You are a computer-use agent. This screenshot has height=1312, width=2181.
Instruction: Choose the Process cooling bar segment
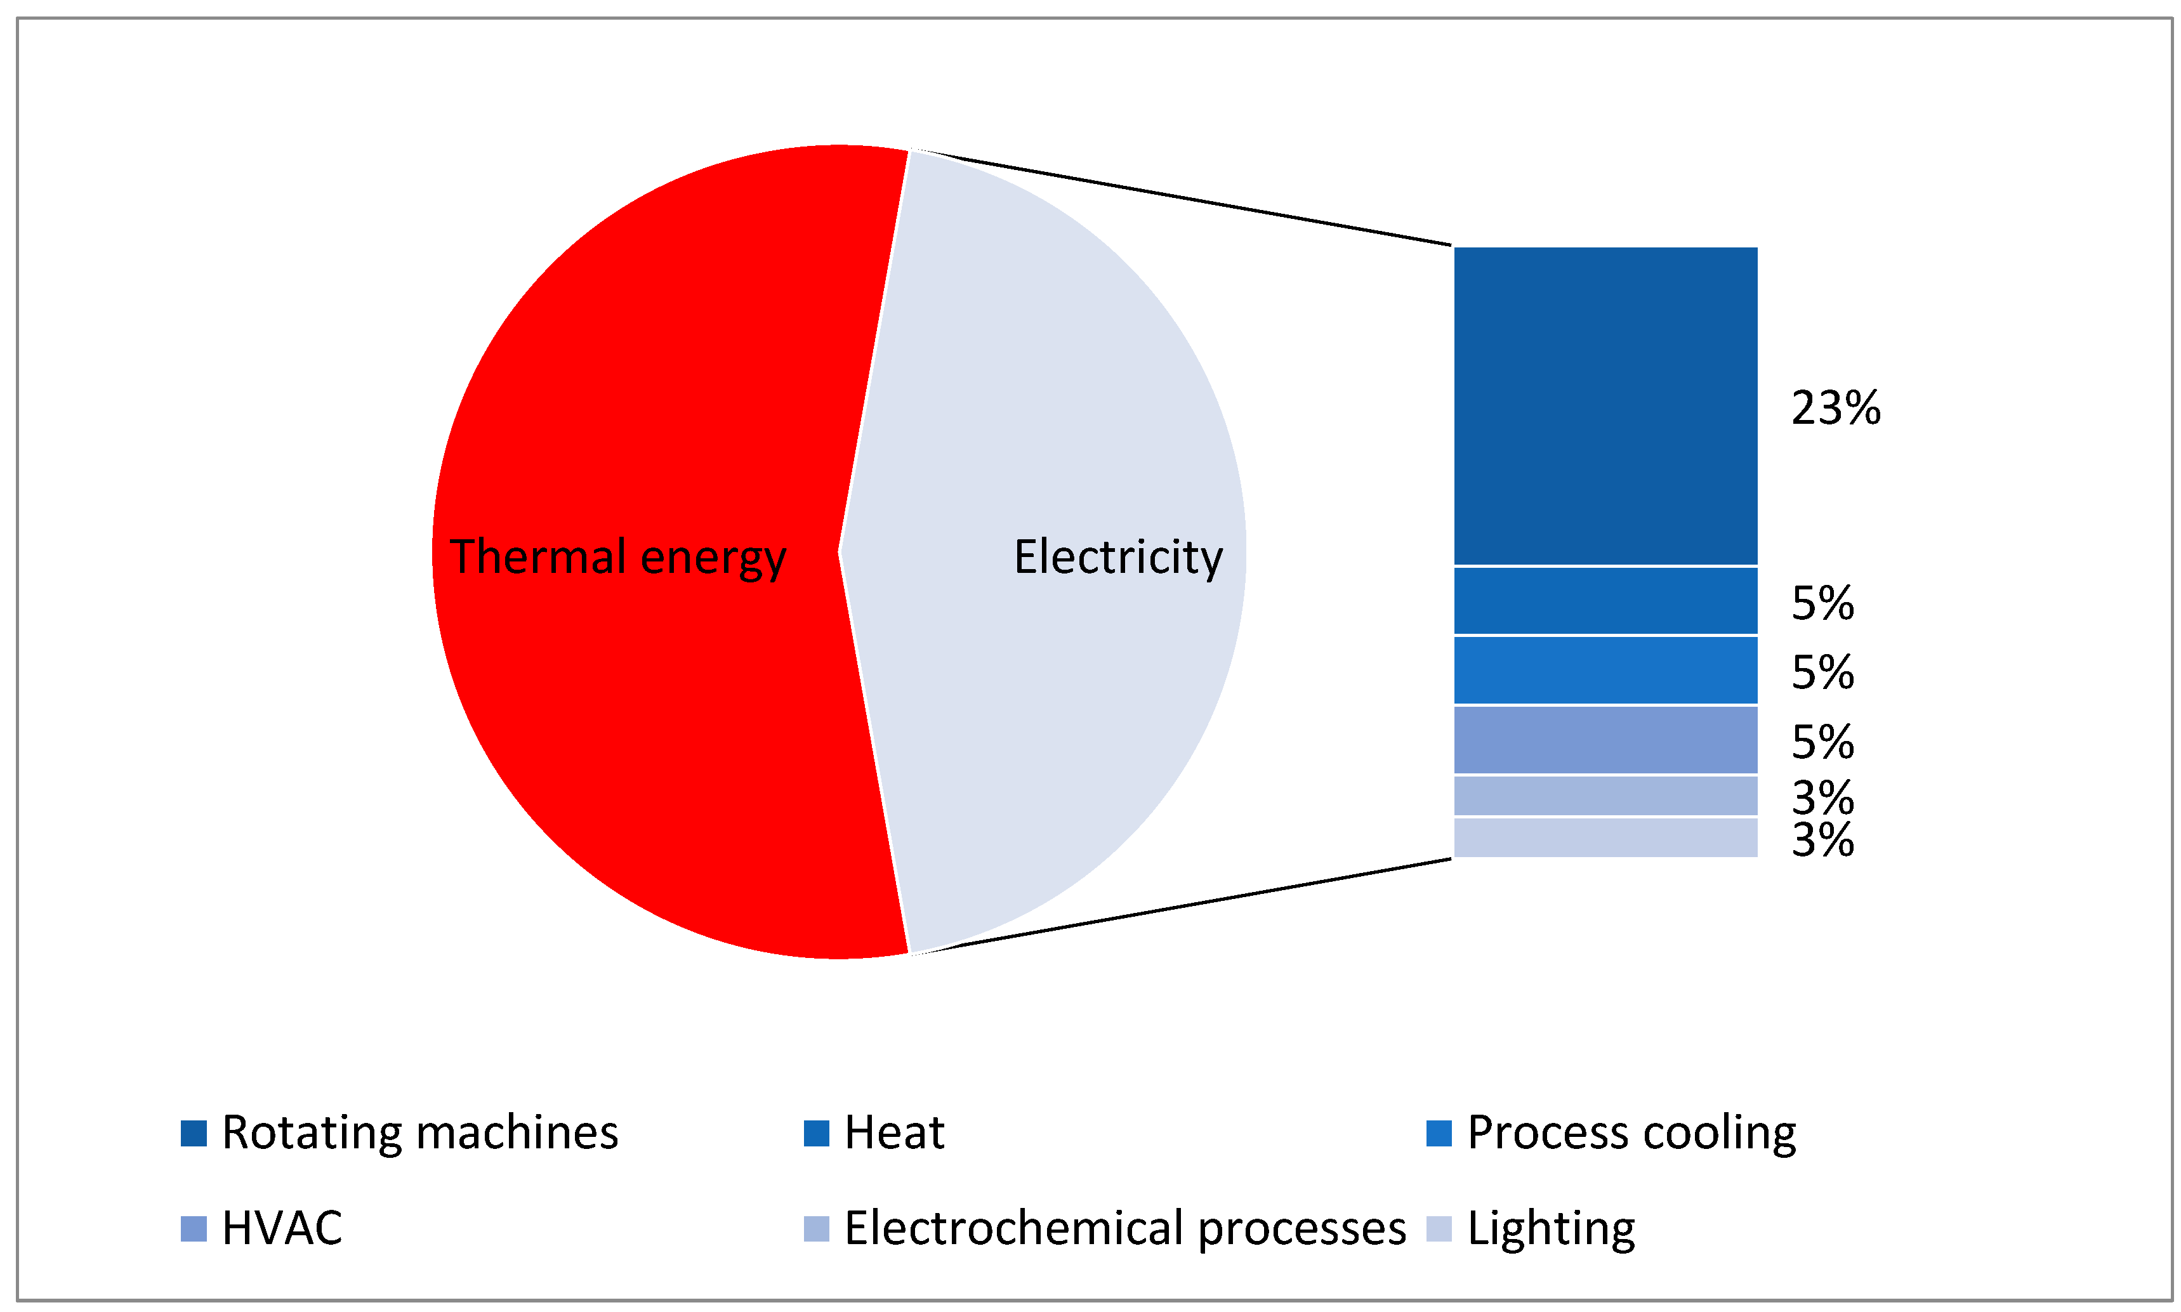[x=1605, y=669]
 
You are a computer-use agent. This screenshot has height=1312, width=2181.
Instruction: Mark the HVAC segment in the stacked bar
[x=1605, y=739]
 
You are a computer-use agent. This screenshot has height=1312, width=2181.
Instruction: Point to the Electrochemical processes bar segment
[x=1605, y=795]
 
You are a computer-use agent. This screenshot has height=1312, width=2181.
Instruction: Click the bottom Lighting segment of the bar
[x=1605, y=837]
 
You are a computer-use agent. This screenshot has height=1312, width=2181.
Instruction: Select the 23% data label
[x=1835, y=409]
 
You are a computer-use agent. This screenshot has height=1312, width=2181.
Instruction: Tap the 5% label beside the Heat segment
[x=1822, y=604]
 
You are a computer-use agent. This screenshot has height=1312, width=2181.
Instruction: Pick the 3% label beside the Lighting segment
[x=1822, y=840]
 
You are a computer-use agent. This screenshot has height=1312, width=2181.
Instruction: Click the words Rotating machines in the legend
[x=420, y=1132]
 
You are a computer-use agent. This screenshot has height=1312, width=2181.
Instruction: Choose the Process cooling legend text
[x=1631, y=1132]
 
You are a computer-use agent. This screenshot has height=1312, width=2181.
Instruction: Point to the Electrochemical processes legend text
[x=1124, y=1228]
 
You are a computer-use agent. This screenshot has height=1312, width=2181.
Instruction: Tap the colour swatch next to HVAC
[x=194, y=1229]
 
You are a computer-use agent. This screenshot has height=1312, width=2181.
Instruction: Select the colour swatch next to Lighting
[x=1439, y=1229]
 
